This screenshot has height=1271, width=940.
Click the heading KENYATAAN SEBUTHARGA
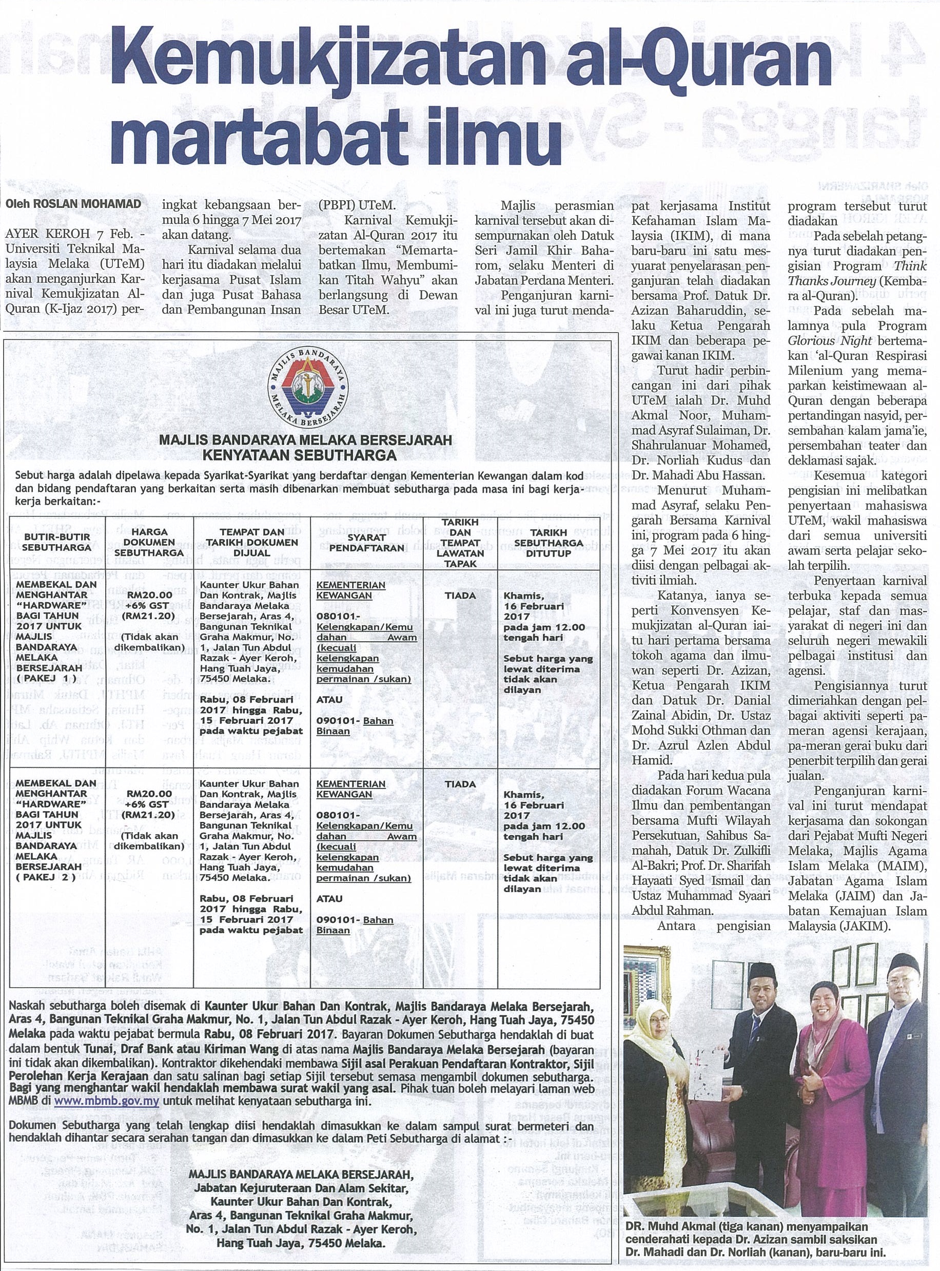[307, 455]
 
